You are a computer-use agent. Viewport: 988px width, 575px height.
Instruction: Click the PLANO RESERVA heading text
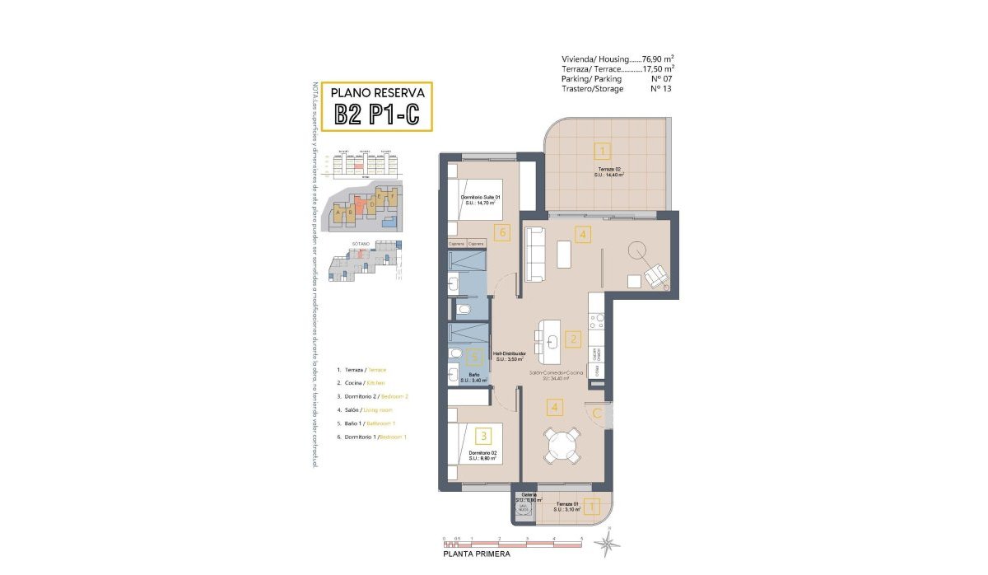[x=376, y=92]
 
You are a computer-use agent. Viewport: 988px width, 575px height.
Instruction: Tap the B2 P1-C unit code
[x=376, y=115]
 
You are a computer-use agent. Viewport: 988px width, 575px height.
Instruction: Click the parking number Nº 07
[x=662, y=79]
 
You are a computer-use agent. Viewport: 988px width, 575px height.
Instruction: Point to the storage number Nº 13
[x=662, y=89]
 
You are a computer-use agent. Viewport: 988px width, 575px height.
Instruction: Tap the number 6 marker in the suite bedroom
[x=501, y=232]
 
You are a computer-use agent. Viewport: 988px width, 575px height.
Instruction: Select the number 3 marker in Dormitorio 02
[x=485, y=436]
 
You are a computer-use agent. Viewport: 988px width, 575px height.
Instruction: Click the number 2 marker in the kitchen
[x=574, y=338]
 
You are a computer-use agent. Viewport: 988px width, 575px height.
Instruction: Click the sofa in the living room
[x=535, y=254]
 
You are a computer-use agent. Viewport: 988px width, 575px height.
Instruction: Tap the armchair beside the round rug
[x=657, y=276]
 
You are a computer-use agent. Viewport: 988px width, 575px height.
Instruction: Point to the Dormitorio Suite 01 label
[x=482, y=199]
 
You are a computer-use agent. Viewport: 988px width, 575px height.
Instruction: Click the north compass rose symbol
[x=608, y=541]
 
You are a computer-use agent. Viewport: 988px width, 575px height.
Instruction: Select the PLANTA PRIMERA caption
[x=477, y=554]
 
